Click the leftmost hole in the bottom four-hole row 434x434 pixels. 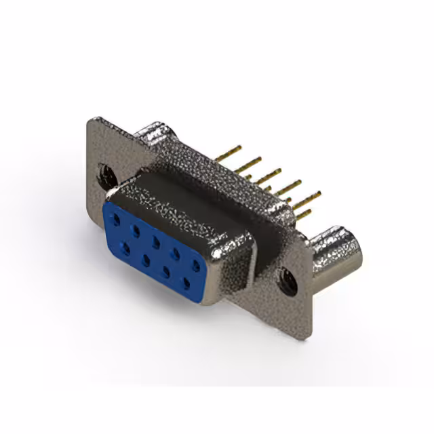tap(126, 248)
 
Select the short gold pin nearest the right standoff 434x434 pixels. tap(303, 215)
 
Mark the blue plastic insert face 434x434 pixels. tap(156, 248)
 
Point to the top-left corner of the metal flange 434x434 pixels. tap(92, 122)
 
